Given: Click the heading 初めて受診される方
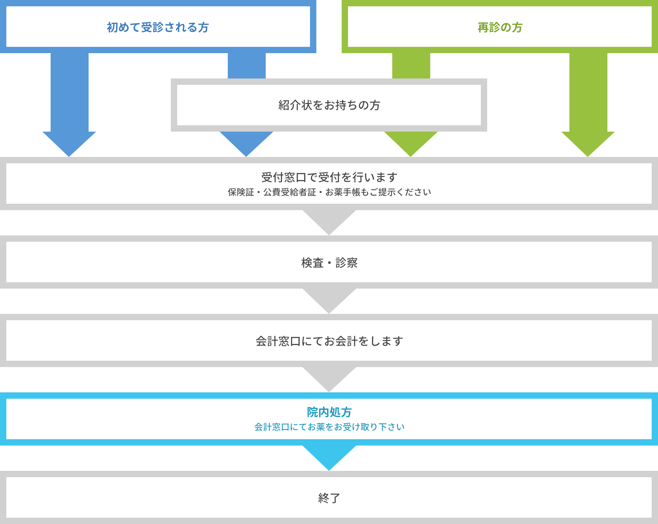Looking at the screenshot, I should click(x=158, y=28).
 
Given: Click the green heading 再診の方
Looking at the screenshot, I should click(x=500, y=28).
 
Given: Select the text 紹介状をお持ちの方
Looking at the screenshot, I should click(x=329, y=105).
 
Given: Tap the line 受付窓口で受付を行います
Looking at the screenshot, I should click(x=329, y=177).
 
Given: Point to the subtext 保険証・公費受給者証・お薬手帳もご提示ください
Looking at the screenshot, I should click(x=329, y=192).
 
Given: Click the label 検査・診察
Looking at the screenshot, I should click(x=329, y=263).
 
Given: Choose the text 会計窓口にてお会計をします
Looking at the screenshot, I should click(x=329, y=341).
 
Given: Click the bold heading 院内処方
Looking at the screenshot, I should click(x=329, y=412).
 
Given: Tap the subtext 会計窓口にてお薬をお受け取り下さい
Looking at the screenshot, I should click(x=329, y=427).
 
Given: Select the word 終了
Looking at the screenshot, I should click(x=329, y=498).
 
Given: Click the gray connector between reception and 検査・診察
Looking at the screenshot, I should click(x=329, y=223).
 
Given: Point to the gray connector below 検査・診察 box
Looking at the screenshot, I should click(x=329, y=301).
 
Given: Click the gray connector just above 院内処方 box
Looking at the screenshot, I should click(x=329, y=380).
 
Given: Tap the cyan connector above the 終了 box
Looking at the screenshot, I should click(x=329, y=458).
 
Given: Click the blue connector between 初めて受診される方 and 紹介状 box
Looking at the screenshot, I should click(x=247, y=66).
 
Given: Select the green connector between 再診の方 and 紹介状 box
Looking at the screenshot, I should click(x=411, y=66).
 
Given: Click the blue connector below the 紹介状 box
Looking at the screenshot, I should click(x=246, y=144).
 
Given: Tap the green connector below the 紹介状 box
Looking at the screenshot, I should click(x=411, y=144).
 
